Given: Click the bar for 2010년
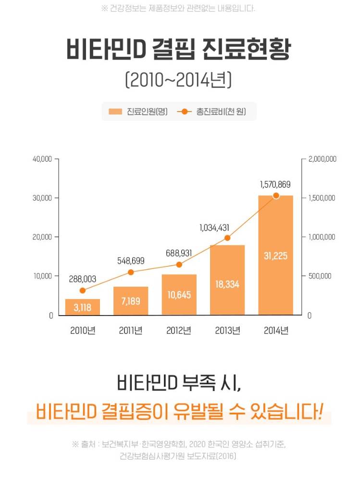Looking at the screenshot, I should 83,307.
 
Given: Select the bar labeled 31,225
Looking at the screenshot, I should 275,255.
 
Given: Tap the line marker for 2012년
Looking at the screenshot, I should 179,265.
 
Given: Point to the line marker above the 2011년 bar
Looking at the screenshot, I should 131,272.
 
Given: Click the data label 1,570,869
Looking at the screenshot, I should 275,184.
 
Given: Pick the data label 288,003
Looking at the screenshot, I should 83,278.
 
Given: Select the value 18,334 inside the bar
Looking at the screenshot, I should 227,284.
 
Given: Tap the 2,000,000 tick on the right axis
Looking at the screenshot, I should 322,159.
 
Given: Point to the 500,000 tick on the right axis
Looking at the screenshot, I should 319,276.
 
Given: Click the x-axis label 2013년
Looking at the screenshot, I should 227,331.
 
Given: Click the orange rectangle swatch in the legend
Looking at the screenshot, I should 115,112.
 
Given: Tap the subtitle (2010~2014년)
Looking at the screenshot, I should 179,80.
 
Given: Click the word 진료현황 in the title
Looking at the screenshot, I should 247,50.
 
